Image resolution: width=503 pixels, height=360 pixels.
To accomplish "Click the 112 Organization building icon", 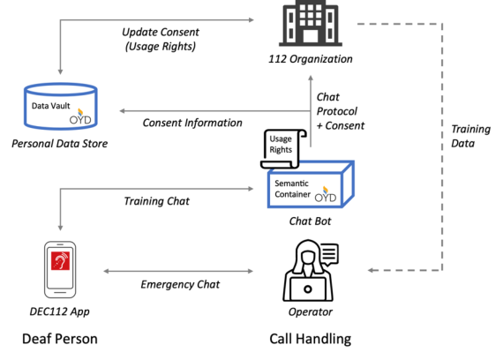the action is point(311,23).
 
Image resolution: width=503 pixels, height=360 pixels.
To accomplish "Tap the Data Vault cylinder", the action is point(61,106).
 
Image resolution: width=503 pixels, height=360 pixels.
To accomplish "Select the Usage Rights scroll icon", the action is point(283,149).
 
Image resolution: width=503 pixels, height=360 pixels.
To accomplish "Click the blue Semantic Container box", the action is point(311,184).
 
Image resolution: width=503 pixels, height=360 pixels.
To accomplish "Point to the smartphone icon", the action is point(60,269).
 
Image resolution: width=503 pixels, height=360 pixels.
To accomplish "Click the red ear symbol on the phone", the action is point(60,260).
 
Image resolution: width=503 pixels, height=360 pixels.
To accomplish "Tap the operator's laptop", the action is point(308,289).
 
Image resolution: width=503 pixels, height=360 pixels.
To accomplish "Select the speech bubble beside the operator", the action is point(329,254).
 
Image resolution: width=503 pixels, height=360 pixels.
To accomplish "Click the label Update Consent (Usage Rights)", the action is point(161,39).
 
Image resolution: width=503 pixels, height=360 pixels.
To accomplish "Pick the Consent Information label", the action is point(192,123).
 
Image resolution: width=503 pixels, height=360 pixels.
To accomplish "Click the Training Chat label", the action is point(156,201).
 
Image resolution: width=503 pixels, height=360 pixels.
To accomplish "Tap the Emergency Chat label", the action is point(180,284).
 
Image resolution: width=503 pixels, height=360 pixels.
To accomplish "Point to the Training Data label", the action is point(470,136).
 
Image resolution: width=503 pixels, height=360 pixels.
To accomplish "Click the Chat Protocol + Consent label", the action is point(341,111).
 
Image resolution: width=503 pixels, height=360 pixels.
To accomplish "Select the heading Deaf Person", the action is point(60,339).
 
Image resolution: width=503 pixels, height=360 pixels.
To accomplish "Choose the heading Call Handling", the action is point(311,339).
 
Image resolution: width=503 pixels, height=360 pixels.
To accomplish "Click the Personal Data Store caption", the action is point(60,144).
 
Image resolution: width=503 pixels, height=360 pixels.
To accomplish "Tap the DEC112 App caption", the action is point(60,311).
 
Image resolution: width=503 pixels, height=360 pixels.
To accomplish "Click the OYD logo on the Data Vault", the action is point(80,116).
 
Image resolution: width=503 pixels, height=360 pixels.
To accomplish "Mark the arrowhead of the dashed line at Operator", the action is point(371,270).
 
